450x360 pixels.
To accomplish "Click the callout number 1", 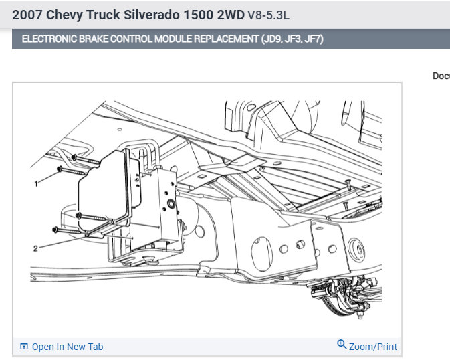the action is point(36,184).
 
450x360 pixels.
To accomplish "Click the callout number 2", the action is point(35,248).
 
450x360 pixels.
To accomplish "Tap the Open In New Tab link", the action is point(68,347).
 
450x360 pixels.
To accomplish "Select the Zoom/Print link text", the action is point(373,347).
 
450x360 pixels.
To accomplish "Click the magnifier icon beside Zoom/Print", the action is point(342,344).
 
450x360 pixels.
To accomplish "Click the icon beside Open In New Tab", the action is point(24,346).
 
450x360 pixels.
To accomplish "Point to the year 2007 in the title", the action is point(27,15).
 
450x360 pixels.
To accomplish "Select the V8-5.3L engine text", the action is point(268,15).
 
